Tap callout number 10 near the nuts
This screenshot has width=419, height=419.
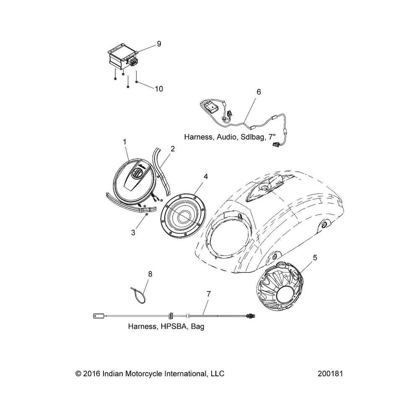[x=159, y=89]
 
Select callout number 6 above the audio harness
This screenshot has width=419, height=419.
[x=258, y=92]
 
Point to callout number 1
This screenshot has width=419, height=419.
[x=124, y=142]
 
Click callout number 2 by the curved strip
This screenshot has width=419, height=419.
[x=173, y=148]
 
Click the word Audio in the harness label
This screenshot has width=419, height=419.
[x=225, y=137]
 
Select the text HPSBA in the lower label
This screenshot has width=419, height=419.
[x=173, y=326]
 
